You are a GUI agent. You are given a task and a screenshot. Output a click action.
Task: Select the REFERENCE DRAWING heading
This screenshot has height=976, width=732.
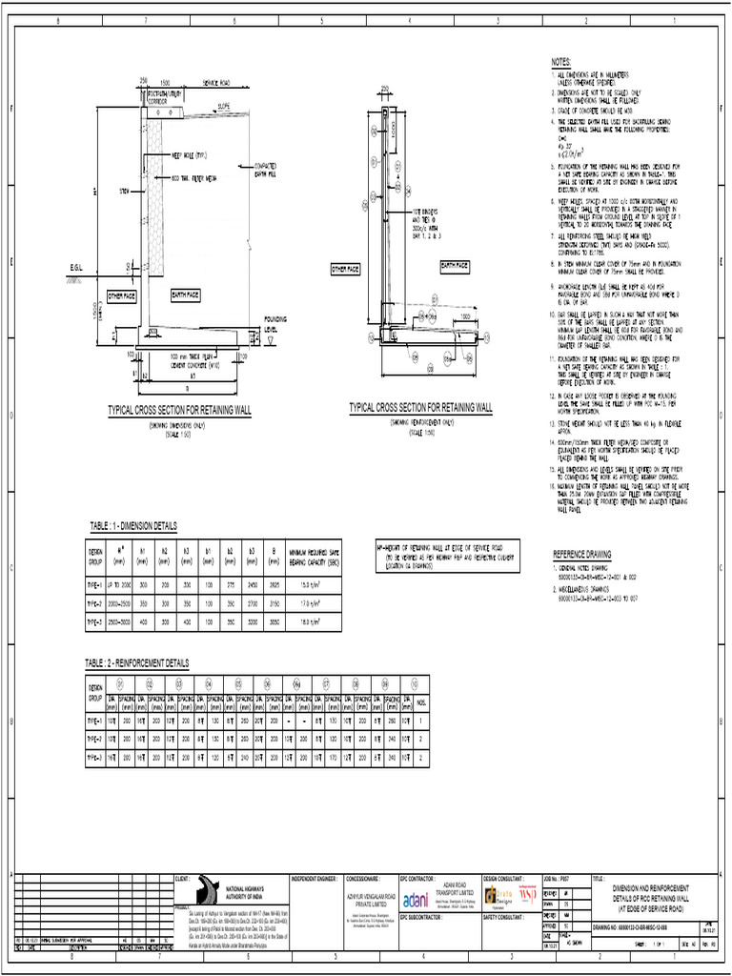coord(582,553)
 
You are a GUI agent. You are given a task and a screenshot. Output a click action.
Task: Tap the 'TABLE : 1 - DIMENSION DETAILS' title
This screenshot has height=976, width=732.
coord(133,525)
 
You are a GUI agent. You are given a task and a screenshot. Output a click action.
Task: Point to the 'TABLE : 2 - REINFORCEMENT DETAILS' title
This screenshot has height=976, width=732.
coord(139,661)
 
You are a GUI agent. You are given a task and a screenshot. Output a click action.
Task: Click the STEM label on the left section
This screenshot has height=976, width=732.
coord(123,191)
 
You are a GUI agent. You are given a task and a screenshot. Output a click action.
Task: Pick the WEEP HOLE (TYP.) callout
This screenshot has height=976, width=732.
coord(190,154)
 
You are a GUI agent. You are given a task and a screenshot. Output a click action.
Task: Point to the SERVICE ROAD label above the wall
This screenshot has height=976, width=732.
coord(219,82)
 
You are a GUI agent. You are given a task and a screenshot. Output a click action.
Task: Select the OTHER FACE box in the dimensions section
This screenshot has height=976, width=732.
coord(122,296)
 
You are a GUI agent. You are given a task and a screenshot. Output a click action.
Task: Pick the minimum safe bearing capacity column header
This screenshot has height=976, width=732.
coord(314,554)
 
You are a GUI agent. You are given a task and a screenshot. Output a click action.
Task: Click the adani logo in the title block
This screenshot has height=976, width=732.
coord(416,900)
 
